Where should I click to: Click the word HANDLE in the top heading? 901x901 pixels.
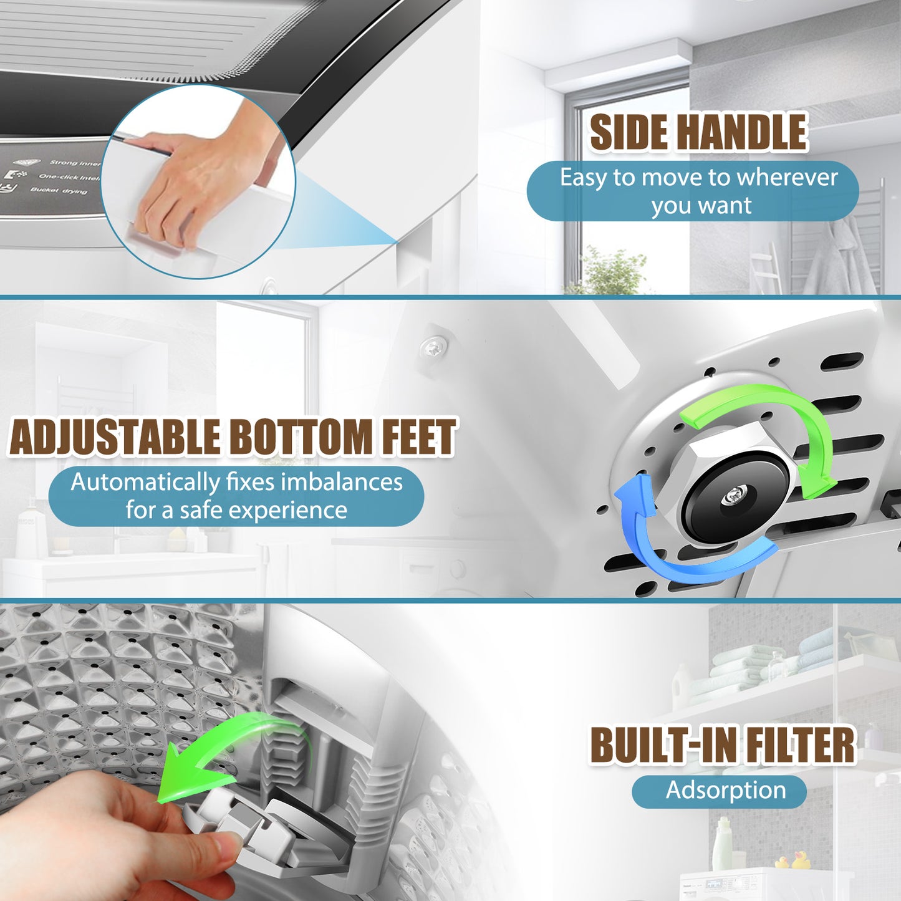click(742, 132)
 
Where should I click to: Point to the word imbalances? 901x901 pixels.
click(342, 483)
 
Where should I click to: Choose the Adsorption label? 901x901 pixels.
click(725, 791)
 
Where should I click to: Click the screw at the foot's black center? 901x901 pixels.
click(731, 497)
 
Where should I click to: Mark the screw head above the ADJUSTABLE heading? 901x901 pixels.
click(433, 346)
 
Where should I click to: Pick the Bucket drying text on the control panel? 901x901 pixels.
click(59, 190)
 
